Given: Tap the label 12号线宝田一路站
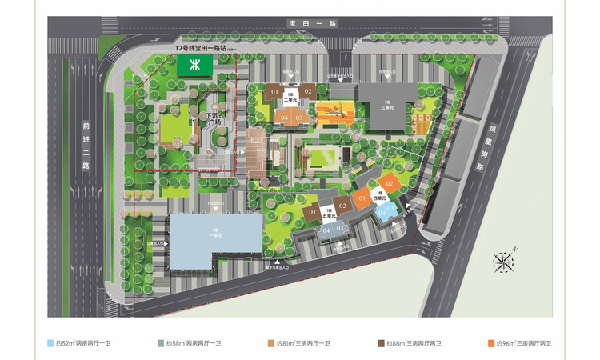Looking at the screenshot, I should tap(205, 49).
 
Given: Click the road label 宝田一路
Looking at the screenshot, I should tap(298, 26).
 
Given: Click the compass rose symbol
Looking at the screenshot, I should tap(504, 262).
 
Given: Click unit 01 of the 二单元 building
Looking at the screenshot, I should tap(274, 93).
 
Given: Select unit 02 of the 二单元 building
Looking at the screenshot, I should tap(307, 92).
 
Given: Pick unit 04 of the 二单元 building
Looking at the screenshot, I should tap(284, 118).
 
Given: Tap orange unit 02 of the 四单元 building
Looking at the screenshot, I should tap(389, 184).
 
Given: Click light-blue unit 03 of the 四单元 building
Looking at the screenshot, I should tap(390, 209).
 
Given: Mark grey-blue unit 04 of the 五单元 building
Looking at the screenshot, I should tap(326, 230).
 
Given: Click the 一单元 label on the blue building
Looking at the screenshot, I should tap(214, 233).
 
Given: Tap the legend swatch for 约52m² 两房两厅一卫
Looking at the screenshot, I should tap(50, 343).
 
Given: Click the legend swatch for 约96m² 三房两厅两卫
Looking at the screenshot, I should tap(490, 343).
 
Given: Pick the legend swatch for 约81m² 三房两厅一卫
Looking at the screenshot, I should tap(271, 343).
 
